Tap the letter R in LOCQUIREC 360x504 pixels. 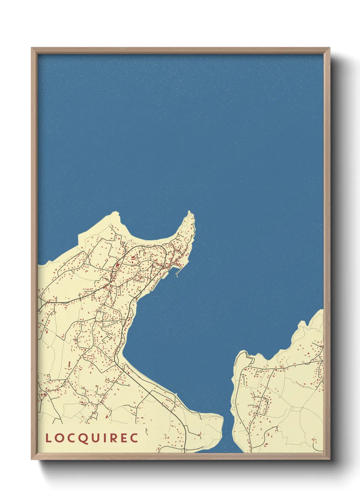113,438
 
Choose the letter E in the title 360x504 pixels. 124,438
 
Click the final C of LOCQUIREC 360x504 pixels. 134,438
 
